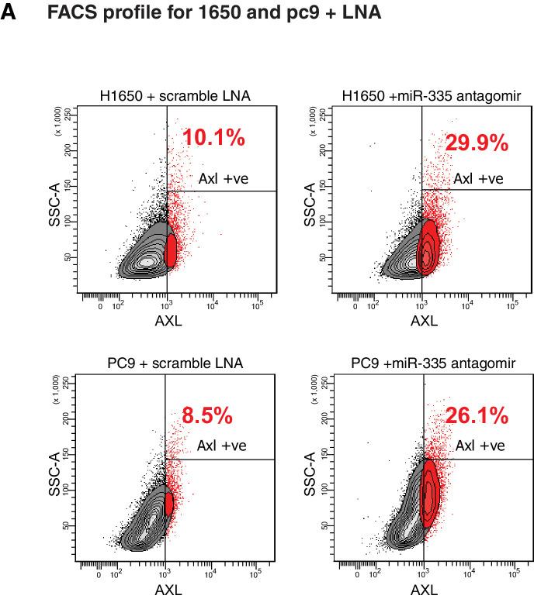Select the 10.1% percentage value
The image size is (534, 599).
pos(213,139)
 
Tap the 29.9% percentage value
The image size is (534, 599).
pos(476,143)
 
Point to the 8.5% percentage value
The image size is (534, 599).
pos(207,416)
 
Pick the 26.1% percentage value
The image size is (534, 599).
pos(477,416)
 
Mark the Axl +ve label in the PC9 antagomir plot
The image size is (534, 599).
pos(480,446)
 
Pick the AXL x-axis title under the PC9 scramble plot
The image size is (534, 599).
pos(168,590)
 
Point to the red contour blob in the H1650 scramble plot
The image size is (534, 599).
pos(172,250)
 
